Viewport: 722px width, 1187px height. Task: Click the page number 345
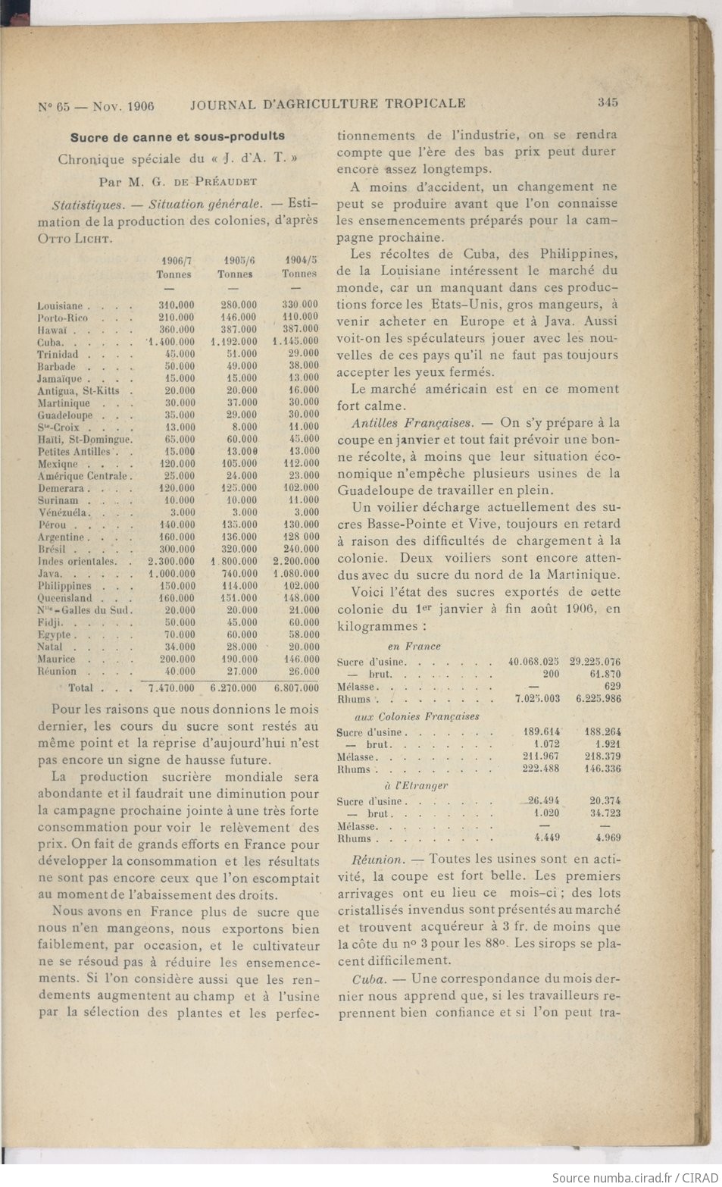[608, 102]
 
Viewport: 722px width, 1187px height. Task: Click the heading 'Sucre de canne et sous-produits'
[177, 136]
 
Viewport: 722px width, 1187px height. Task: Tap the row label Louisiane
[60, 306]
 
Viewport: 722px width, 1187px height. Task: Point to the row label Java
[50, 574]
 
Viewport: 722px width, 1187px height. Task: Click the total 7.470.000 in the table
[171, 688]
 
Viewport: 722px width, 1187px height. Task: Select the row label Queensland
[65, 598]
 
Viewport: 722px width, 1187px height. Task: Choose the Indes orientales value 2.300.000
[171, 562]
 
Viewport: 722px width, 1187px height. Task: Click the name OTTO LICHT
[75, 238]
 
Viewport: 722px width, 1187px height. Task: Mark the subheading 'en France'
[414, 647]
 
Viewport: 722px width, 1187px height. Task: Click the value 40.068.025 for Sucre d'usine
[533, 662]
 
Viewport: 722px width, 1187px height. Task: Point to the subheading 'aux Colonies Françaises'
[417, 716]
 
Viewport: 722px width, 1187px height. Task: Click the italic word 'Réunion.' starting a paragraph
[377, 860]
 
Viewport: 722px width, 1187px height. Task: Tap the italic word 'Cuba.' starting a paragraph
[369, 979]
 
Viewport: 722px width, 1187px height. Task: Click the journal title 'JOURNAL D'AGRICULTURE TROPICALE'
[327, 103]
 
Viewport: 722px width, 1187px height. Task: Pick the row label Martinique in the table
[64, 403]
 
